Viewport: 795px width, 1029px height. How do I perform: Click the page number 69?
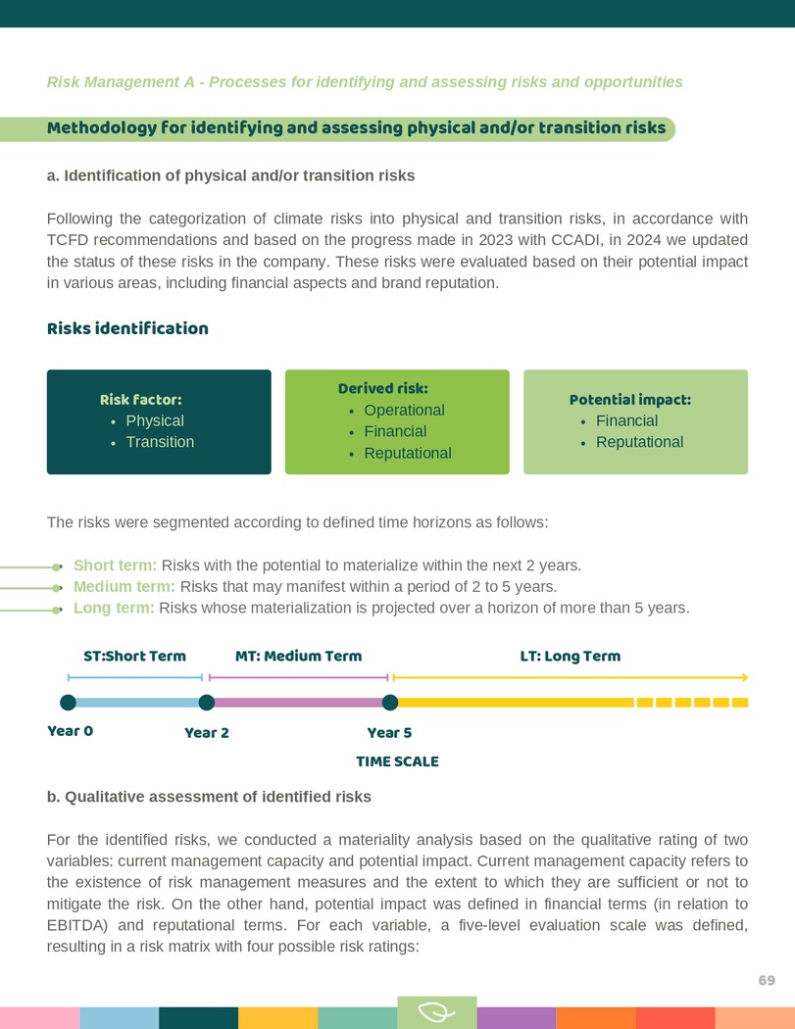point(767,981)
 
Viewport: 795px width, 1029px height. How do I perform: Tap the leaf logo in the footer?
point(436,1012)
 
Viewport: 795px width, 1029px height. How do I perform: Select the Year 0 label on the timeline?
point(70,731)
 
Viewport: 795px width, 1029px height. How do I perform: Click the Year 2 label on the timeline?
point(207,733)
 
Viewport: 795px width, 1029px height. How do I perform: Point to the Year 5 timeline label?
point(389,733)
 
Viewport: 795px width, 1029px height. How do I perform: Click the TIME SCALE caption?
point(397,761)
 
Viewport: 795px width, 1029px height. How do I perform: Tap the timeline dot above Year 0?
point(68,702)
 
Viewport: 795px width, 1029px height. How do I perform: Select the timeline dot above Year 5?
point(390,702)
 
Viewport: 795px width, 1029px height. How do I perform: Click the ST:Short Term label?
point(134,656)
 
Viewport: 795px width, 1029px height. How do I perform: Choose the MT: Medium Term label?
point(299,656)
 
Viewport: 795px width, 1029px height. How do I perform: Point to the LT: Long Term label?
point(570,656)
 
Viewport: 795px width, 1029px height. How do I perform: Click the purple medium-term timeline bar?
point(298,702)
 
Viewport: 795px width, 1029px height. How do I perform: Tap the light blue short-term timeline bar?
point(137,702)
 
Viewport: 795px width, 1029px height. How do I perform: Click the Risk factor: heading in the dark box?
point(140,400)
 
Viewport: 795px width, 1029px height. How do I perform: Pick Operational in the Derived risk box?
point(404,411)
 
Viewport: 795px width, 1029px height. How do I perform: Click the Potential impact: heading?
point(630,400)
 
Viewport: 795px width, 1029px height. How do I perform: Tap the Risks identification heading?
point(127,328)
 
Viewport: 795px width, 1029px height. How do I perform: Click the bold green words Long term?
point(114,609)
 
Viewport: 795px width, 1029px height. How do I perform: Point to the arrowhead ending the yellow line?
point(746,677)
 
